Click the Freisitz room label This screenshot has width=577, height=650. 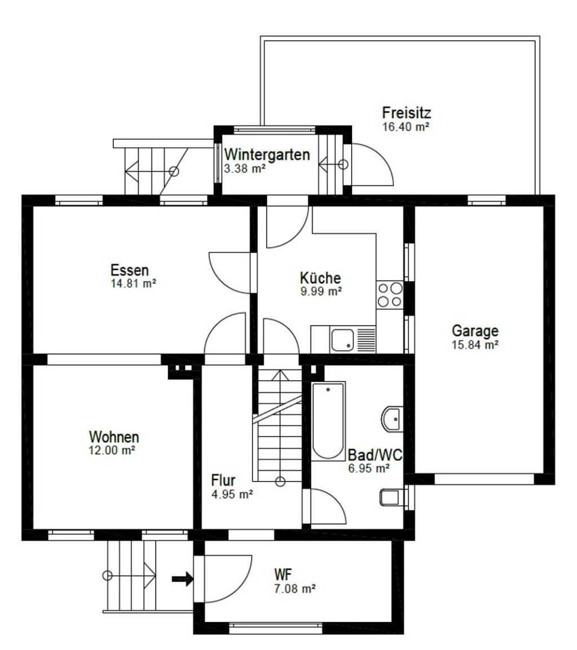coord(406,113)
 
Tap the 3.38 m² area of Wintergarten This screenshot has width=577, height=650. coord(245,169)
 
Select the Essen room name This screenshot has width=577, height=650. coord(130,270)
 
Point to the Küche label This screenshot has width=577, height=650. coord(320,278)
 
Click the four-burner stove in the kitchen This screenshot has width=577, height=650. coord(389,295)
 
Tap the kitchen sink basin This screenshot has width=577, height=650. coord(342,340)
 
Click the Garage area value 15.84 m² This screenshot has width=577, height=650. coord(475,345)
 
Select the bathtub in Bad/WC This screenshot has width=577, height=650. coord(328,421)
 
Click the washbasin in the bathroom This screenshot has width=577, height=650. coord(392,419)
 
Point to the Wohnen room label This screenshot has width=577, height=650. coord(114,437)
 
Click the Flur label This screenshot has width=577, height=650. coord(223,480)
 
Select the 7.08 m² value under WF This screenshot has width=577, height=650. coord(295,589)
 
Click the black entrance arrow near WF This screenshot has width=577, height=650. coord(183,578)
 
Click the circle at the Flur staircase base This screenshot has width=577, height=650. coord(281,481)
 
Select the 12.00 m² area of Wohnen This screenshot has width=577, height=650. coord(112,450)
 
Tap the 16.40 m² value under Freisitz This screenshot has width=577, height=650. coord(405,127)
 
